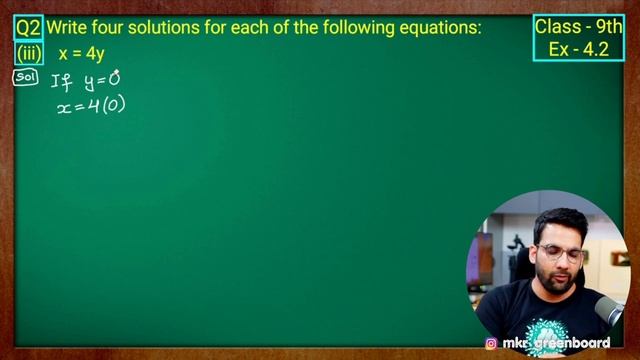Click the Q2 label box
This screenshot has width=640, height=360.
[27, 28]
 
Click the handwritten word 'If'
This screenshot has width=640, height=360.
[61, 80]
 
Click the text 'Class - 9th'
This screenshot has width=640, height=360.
[579, 27]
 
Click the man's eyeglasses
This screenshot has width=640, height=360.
[559, 253]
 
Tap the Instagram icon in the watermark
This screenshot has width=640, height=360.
[491, 343]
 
